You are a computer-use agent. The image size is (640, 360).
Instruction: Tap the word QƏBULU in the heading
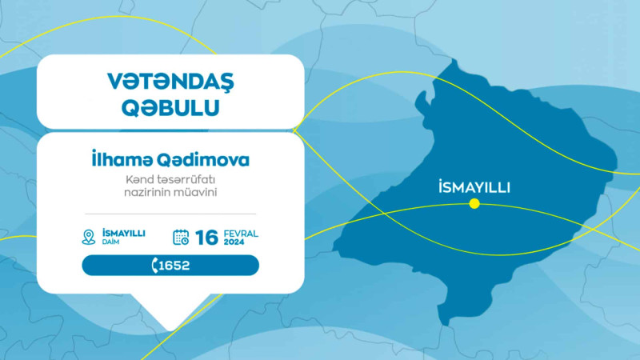coord(170,108)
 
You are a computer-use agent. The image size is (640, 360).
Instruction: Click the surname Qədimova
coord(206,159)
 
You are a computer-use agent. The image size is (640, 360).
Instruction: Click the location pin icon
coord(89,236)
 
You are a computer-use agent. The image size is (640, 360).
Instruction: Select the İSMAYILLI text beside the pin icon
coord(123,233)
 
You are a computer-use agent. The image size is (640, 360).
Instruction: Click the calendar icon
coord(182,236)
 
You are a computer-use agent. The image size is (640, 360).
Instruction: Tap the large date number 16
coord(206,237)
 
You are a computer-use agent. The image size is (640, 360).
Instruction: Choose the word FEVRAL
coord(241,233)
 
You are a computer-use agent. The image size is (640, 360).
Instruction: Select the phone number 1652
coord(175,266)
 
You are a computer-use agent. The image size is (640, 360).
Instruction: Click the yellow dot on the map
coord(474,203)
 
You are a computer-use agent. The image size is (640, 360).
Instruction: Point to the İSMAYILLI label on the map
coord(474,187)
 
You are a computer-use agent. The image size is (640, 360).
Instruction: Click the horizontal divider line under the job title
coord(170,214)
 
